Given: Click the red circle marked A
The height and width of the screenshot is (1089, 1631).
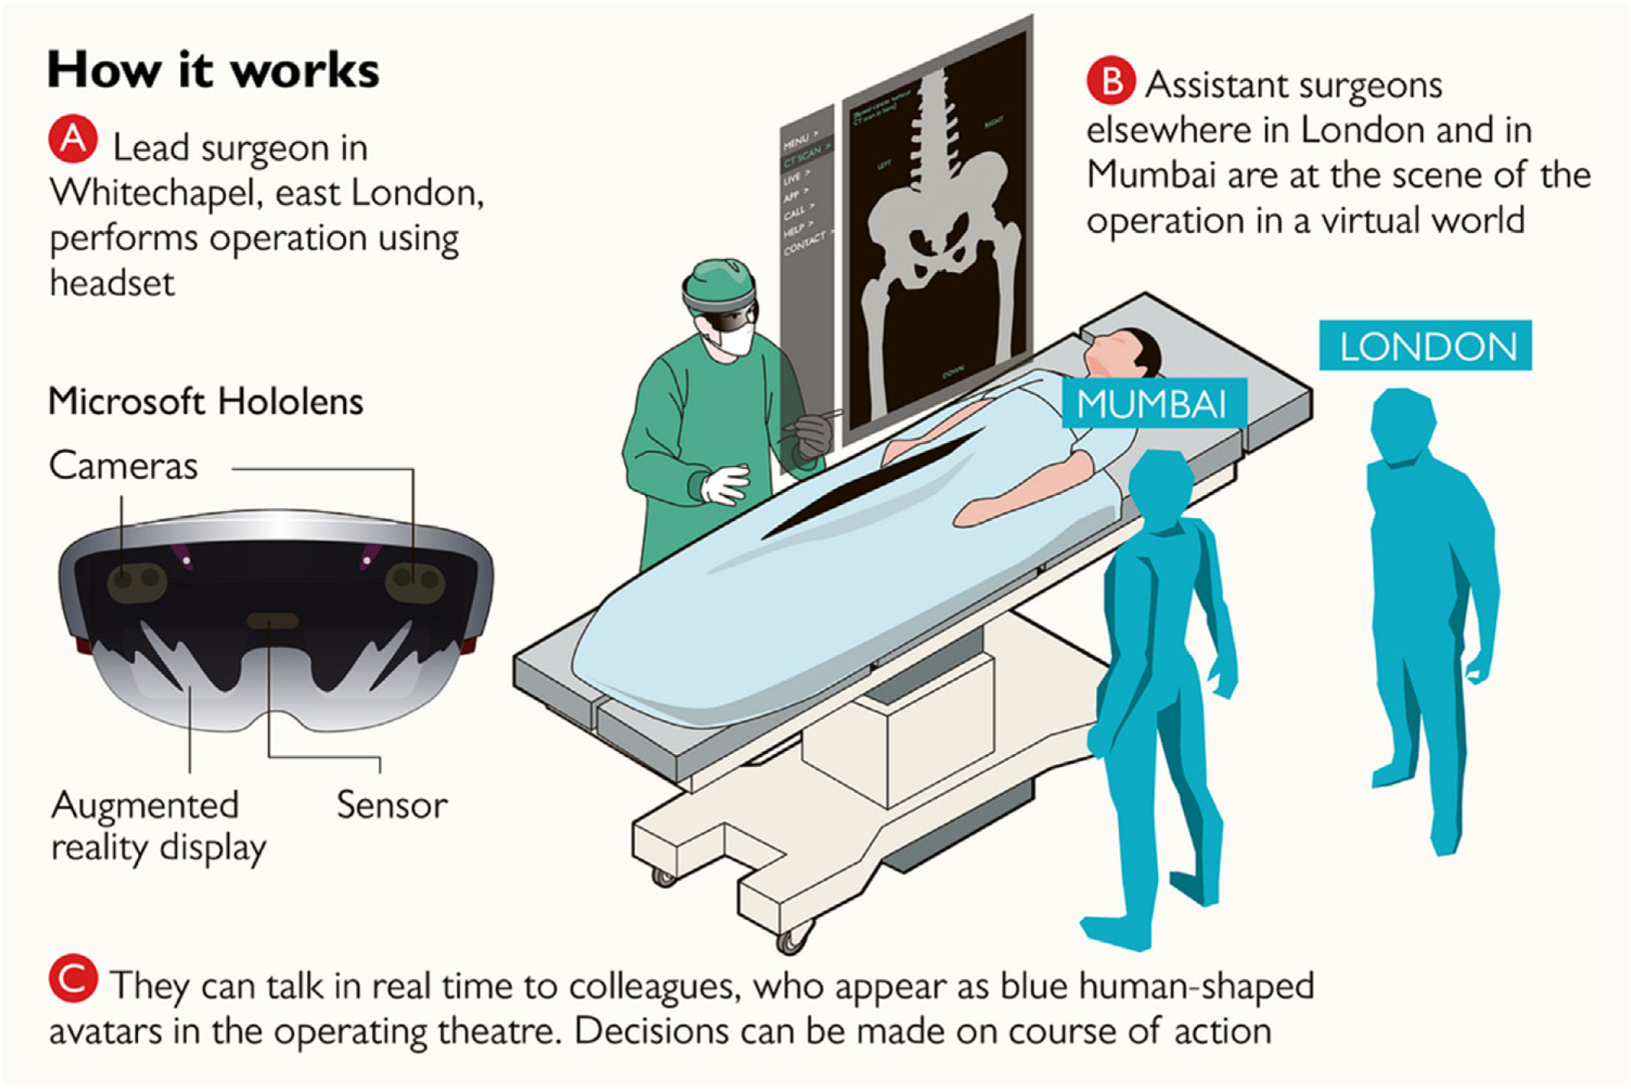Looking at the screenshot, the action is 73,139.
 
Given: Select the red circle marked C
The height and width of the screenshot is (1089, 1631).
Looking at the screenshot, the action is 73,978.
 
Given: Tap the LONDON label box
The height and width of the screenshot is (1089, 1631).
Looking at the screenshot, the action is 1425,346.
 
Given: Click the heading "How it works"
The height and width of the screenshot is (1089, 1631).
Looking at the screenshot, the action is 213,71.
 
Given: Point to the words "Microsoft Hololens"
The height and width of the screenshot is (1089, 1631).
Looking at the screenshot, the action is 206,402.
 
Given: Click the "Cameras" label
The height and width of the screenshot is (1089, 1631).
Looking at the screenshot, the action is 124,465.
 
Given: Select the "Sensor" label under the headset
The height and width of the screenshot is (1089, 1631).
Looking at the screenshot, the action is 392,805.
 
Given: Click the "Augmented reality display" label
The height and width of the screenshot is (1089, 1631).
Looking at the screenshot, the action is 158,826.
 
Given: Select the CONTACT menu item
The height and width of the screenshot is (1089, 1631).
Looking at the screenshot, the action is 807,243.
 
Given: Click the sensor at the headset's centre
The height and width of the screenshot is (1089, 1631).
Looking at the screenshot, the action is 273,619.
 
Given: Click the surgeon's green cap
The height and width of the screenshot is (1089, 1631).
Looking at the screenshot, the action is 719,281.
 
